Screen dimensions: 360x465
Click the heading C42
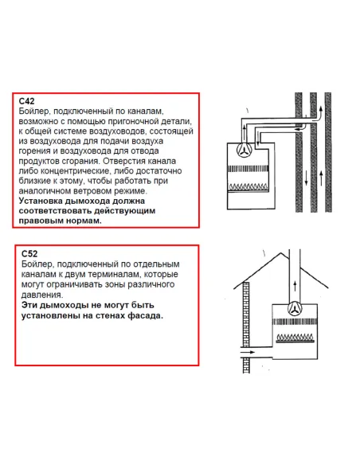coord(27,101)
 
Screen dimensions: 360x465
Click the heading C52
coord(29,254)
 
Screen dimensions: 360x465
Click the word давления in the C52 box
coord(41,295)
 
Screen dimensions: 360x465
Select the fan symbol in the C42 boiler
coord(245,149)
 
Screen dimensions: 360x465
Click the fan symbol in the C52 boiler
coord(295,309)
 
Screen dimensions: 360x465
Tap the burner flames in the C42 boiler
coord(248,187)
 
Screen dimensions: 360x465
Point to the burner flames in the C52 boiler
coord(295,338)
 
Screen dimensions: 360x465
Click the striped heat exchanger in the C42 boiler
coord(248,169)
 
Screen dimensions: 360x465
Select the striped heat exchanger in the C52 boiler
coord(295,322)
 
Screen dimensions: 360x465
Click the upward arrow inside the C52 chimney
coord(295,286)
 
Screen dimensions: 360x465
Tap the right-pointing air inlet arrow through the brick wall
coord(248,352)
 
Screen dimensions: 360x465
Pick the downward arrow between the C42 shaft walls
coord(307,178)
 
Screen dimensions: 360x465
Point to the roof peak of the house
coord(281,252)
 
